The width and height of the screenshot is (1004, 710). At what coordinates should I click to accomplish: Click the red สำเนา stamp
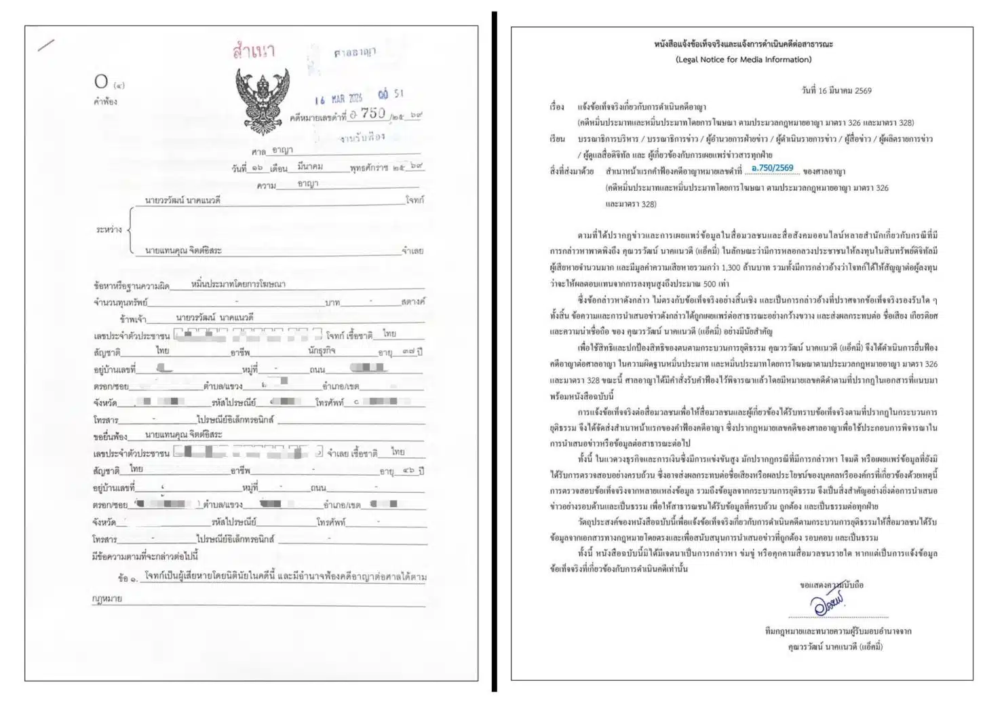(x=254, y=52)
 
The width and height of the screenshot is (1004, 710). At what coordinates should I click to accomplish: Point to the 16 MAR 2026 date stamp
(x=339, y=98)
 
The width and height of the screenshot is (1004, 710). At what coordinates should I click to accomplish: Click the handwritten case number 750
(x=372, y=114)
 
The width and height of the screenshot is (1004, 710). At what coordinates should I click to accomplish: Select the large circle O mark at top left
(x=101, y=82)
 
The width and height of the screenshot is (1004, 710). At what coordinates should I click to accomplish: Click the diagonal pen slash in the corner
(x=46, y=46)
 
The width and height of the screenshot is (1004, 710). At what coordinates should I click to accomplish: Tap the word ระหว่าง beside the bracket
(x=109, y=229)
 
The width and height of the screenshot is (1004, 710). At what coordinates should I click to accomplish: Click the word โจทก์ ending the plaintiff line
(x=414, y=200)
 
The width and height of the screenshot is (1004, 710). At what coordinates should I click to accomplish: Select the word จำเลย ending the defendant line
(x=412, y=250)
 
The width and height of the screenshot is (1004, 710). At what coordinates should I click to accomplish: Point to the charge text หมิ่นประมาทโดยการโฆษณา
(x=238, y=284)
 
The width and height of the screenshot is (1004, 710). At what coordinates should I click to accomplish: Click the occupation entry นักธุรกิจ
(x=322, y=351)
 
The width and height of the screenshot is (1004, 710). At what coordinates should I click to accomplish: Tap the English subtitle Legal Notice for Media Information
(x=744, y=60)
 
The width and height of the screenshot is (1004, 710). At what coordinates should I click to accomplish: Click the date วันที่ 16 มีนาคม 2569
(x=836, y=90)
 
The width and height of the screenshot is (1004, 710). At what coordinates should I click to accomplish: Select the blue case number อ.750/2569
(x=772, y=168)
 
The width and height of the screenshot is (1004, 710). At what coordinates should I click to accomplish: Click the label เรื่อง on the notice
(x=557, y=107)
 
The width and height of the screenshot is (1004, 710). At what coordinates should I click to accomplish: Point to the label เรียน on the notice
(x=557, y=139)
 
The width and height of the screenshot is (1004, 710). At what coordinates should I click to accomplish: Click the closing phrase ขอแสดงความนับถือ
(x=832, y=584)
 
